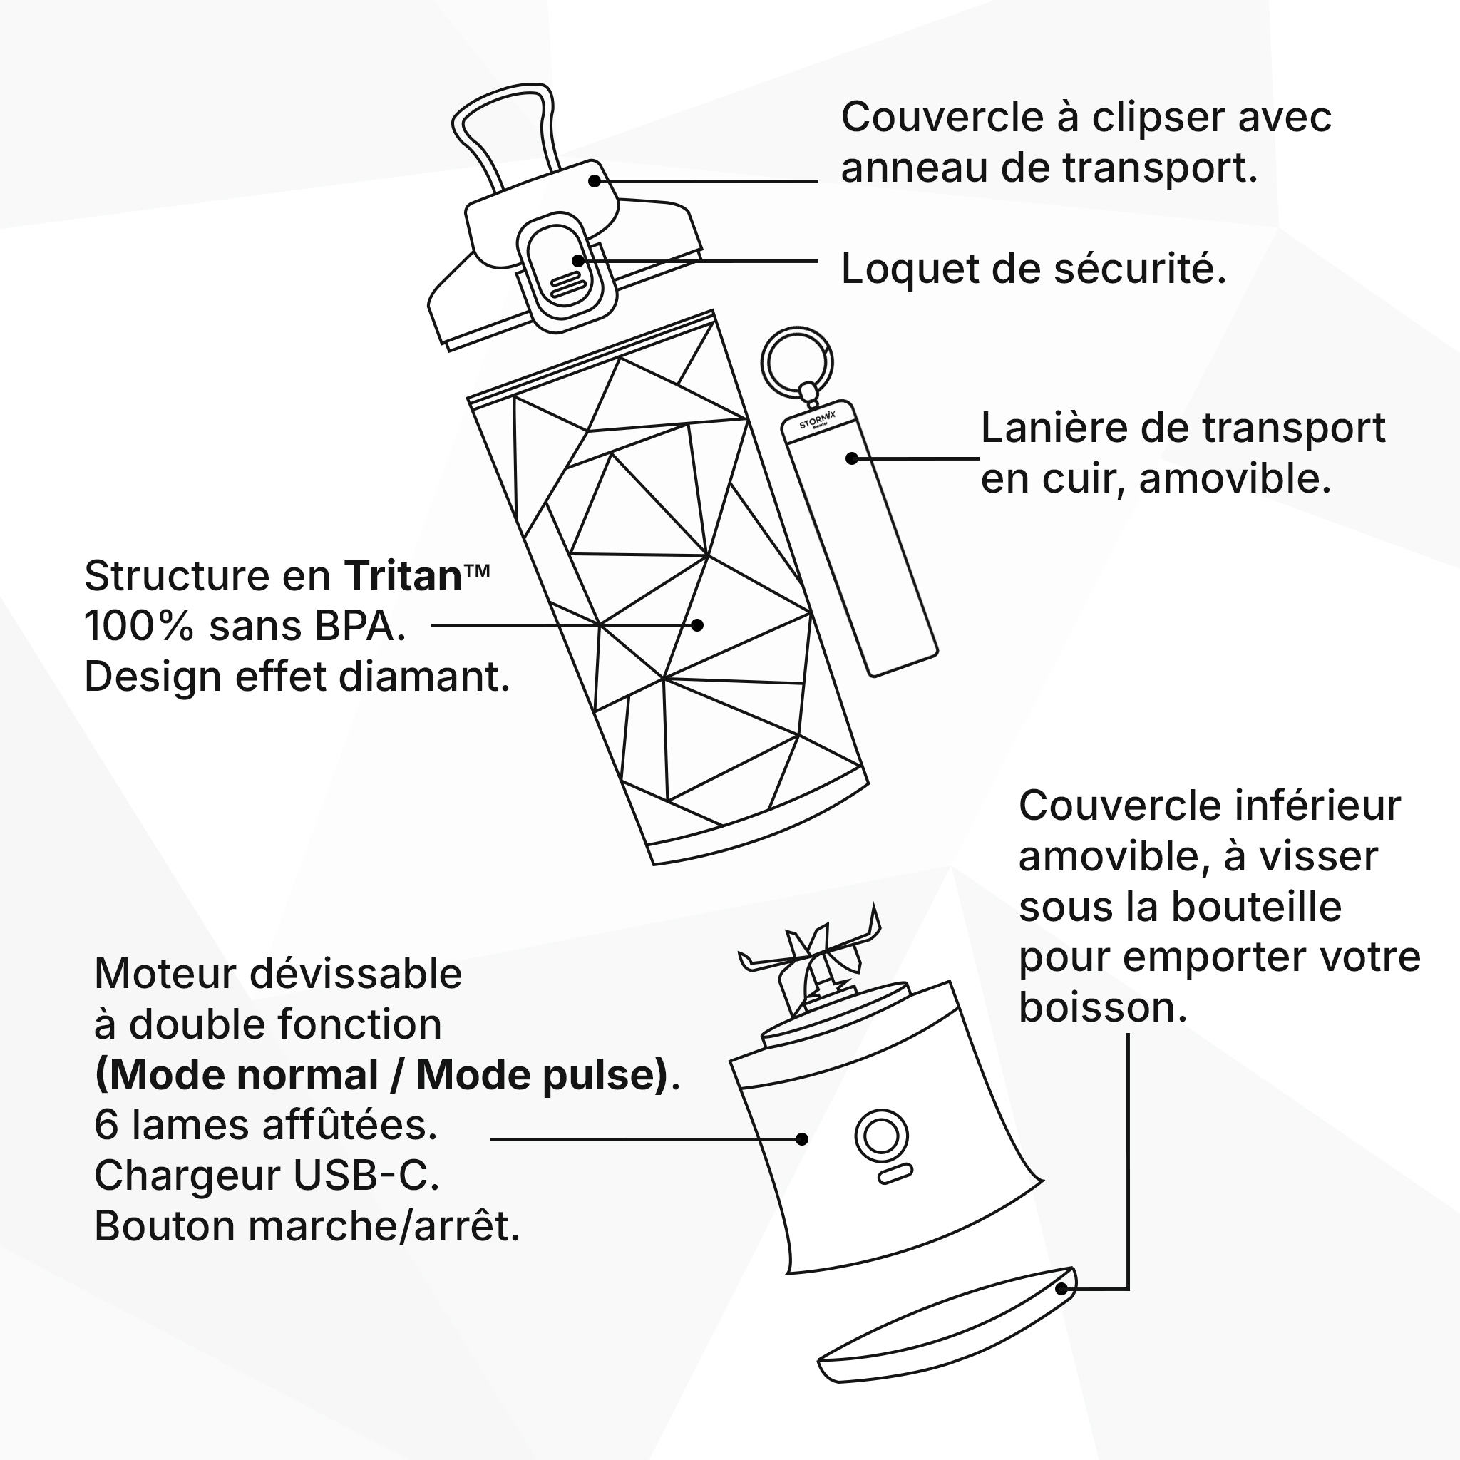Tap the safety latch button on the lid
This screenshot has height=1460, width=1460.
(x=565, y=272)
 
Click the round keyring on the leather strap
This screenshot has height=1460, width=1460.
(x=796, y=362)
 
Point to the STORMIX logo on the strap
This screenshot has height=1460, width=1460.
(x=818, y=420)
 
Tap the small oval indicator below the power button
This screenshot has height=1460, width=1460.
(x=895, y=1174)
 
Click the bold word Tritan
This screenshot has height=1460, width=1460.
(x=403, y=576)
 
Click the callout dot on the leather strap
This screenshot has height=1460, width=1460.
(x=852, y=458)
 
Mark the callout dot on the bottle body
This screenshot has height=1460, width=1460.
(x=697, y=625)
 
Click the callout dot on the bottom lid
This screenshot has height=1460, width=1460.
(x=1061, y=1288)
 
